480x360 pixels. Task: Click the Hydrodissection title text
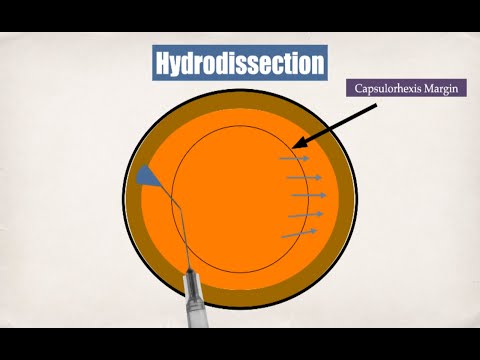click(240, 64)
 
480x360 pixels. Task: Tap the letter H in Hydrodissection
click(164, 64)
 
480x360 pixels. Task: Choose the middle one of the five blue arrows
click(306, 196)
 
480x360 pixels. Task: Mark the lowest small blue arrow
click(298, 233)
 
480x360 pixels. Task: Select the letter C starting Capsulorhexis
click(359, 88)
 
